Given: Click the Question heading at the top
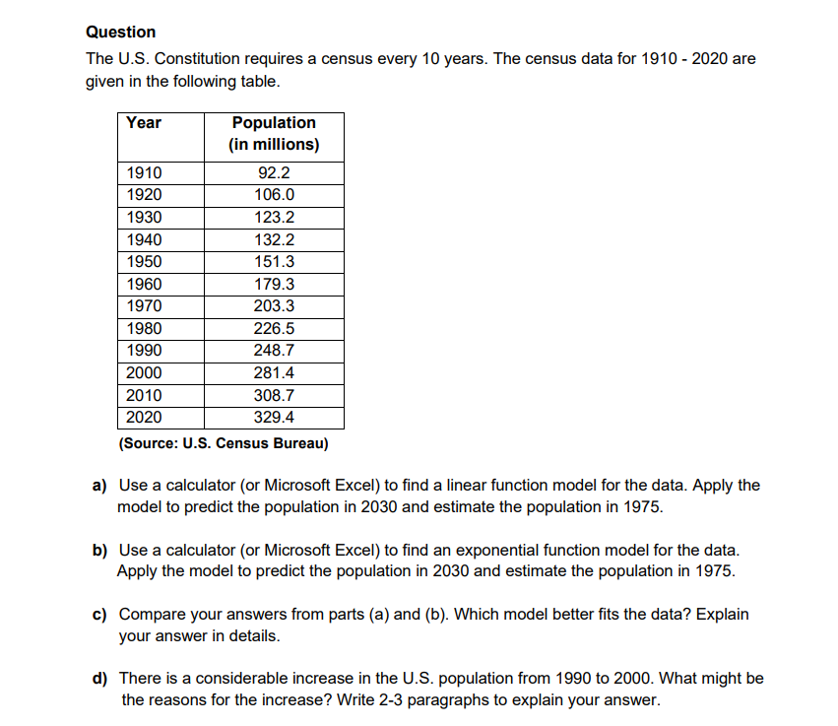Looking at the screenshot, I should click(120, 33).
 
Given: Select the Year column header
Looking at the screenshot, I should click(144, 123).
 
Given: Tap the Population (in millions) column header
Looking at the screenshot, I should click(274, 134).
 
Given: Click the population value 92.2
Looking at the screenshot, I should click(274, 173).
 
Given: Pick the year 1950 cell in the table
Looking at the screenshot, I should click(145, 262).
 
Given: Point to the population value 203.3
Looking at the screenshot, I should click(274, 306).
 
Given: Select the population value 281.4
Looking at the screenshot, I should click(274, 373).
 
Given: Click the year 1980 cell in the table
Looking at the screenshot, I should click(145, 329).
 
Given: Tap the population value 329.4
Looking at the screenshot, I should click(274, 418).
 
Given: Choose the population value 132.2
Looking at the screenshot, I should click(274, 239).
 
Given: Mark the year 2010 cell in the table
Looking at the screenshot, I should click(145, 396).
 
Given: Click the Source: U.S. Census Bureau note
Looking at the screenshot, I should click(223, 443).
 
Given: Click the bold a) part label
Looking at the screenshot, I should click(99, 486).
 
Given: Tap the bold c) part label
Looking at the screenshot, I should click(99, 615).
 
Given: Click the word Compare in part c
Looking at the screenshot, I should click(149, 615).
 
